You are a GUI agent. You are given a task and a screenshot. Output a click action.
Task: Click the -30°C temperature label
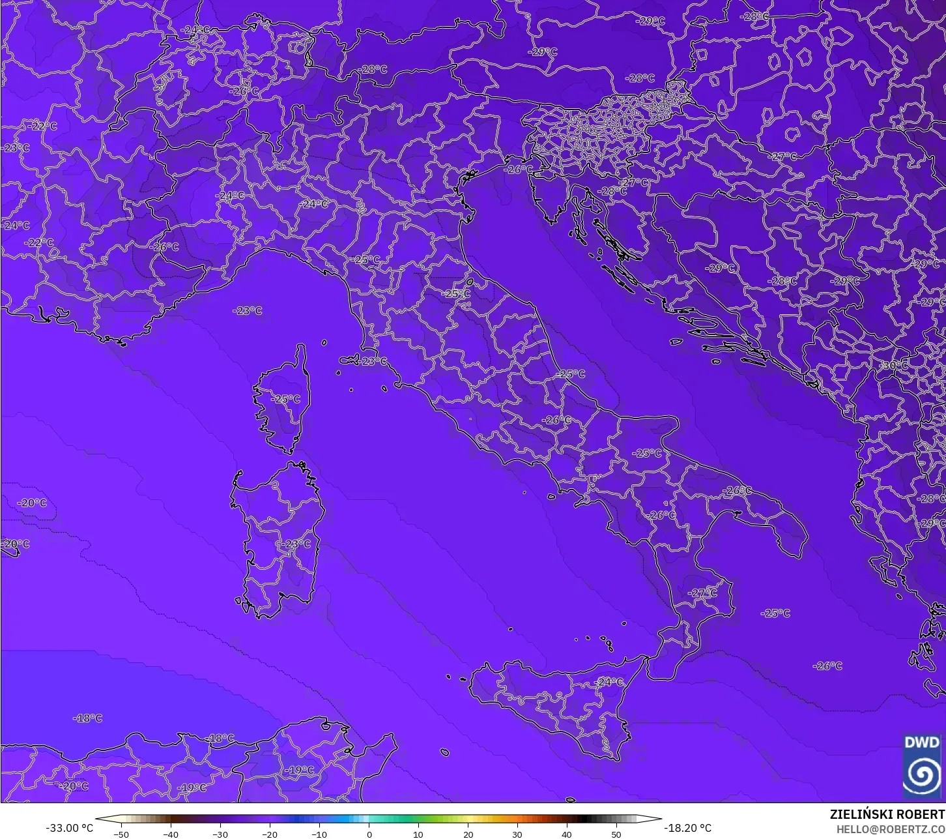pos(895,366)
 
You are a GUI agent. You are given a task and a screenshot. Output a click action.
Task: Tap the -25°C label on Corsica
pos(287,399)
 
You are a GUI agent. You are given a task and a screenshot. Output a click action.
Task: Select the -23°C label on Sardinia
pos(297,544)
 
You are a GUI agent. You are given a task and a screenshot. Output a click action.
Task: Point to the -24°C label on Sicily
pos(609,682)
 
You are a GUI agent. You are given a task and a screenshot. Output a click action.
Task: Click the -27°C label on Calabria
pos(703,593)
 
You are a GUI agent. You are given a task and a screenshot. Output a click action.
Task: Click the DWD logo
pos(922,765)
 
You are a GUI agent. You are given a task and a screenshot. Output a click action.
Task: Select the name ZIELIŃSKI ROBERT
pos(887,815)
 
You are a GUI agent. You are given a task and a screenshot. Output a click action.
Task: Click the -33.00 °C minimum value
pos(70,828)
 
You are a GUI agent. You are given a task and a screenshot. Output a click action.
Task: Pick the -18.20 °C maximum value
pos(687,828)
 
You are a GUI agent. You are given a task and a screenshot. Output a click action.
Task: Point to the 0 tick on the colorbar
pos(369,834)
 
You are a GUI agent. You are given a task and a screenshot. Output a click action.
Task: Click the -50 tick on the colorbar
pos(121,834)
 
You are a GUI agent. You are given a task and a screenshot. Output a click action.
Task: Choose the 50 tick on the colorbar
pos(616,834)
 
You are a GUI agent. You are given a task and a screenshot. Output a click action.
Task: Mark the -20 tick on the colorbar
pos(269,834)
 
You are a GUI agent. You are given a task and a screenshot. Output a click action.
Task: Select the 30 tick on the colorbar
pos(517,834)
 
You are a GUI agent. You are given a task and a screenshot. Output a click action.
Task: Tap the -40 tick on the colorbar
pos(170,834)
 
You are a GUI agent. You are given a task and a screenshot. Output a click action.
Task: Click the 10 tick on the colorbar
pos(418,834)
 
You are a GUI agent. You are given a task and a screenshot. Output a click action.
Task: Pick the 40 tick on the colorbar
pos(567,834)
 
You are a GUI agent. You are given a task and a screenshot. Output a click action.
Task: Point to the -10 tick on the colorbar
pos(319,834)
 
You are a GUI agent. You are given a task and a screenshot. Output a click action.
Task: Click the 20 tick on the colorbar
pos(468,834)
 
